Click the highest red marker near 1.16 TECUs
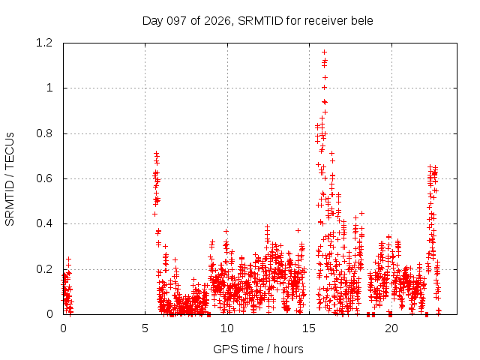point(324,52)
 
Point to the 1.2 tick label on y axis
point(44,43)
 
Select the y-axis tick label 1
point(49,88)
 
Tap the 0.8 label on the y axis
point(44,133)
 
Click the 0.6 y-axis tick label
point(44,178)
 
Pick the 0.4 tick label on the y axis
point(44,223)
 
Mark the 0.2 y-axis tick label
point(44,269)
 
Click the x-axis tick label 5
point(145,328)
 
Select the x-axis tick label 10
point(227,328)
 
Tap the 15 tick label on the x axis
point(309,328)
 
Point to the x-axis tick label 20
point(391,328)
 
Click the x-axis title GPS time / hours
point(258,349)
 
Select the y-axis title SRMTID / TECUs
point(10,179)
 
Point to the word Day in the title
point(153,21)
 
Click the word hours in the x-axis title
point(288,349)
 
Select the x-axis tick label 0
point(63,328)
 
